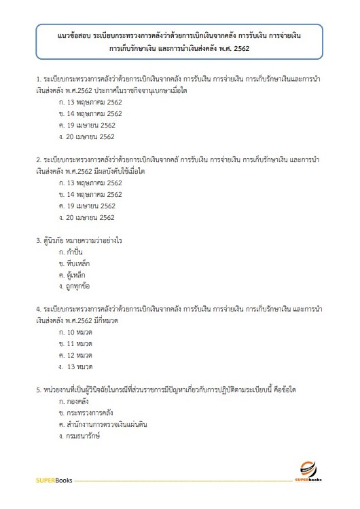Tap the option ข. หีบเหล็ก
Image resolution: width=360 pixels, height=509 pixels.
pyautogui.click(x=75, y=263)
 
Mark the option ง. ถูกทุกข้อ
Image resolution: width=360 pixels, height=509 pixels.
pyautogui.click(x=75, y=286)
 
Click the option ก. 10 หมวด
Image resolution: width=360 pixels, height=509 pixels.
pyautogui.click(x=75, y=333)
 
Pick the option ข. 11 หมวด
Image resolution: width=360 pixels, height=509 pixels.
pyautogui.click(x=75, y=344)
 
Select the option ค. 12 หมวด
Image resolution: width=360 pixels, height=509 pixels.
pyautogui.click(x=75, y=356)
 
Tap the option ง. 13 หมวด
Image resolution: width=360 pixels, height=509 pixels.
pyautogui.click(x=76, y=367)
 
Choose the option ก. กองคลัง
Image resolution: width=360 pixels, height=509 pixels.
pyautogui.click(x=74, y=402)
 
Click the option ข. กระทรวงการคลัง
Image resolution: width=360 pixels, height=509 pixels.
pyautogui.click(x=84, y=413)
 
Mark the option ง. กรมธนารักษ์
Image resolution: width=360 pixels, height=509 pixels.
pyautogui.click(x=79, y=436)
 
